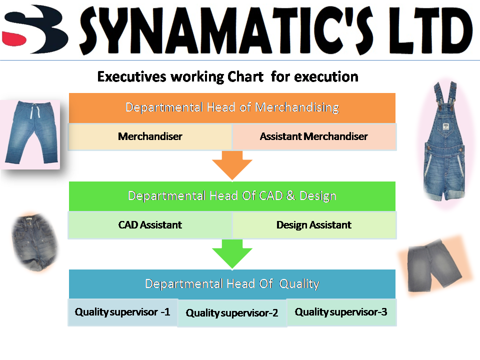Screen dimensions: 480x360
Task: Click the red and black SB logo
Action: [x=34, y=29]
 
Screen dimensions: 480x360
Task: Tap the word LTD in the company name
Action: [x=430, y=30]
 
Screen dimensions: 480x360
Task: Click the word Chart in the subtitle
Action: [x=245, y=76]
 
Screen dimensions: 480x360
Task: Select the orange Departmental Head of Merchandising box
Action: [x=232, y=108]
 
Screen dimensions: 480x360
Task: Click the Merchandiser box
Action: [x=150, y=136]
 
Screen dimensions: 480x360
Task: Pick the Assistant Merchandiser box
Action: [x=314, y=136]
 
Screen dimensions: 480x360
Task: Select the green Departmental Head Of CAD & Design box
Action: [x=232, y=196]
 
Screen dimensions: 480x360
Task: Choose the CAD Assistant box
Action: [x=150, y=225]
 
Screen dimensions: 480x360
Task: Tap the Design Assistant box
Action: [x=314, y=225]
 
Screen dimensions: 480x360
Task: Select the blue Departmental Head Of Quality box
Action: [x=232, y=284]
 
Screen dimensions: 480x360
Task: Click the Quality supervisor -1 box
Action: [x=123, y=312]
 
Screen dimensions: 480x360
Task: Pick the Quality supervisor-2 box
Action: [x=232, y=313]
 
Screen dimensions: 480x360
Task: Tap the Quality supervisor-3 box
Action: [x=341, y=312]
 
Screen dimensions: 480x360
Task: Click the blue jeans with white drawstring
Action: [x=31, y=132]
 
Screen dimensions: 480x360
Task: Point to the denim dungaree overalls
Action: [x=444, y=141]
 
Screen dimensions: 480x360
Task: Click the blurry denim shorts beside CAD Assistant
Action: [x=34, y=242]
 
